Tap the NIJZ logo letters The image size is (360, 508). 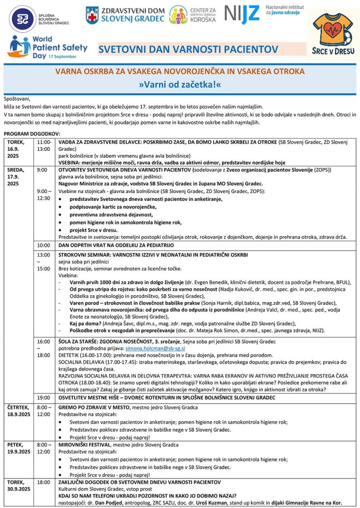coord(242,14)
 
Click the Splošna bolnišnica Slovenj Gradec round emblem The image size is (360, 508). coord(21,19)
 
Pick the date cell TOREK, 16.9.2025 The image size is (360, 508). coord(18,149)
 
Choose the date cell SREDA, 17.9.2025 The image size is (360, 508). coord(18,177)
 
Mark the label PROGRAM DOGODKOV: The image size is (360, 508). coord(31,134)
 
